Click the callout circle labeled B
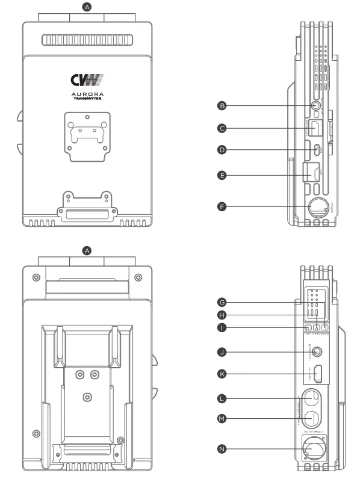click(x=222, y=106)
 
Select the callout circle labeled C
click(x=222, y=128)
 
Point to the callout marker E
click(x=222, y=175)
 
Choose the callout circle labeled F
click(x=222, y=206)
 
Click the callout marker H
click(x=222, y=315)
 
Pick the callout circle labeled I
click(x=222, y=328)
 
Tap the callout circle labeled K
click(x=222, y=374)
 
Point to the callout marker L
click(x=222, y=399)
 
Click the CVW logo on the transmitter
click(x=87, y=79)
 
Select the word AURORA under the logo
click(x=87, y=95)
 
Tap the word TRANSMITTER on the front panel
click(x=87, y=100)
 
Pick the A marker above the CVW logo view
click(x=87, y=7)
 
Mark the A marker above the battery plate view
click(x=87, y=250)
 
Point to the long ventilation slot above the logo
click(x=87, y=41)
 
